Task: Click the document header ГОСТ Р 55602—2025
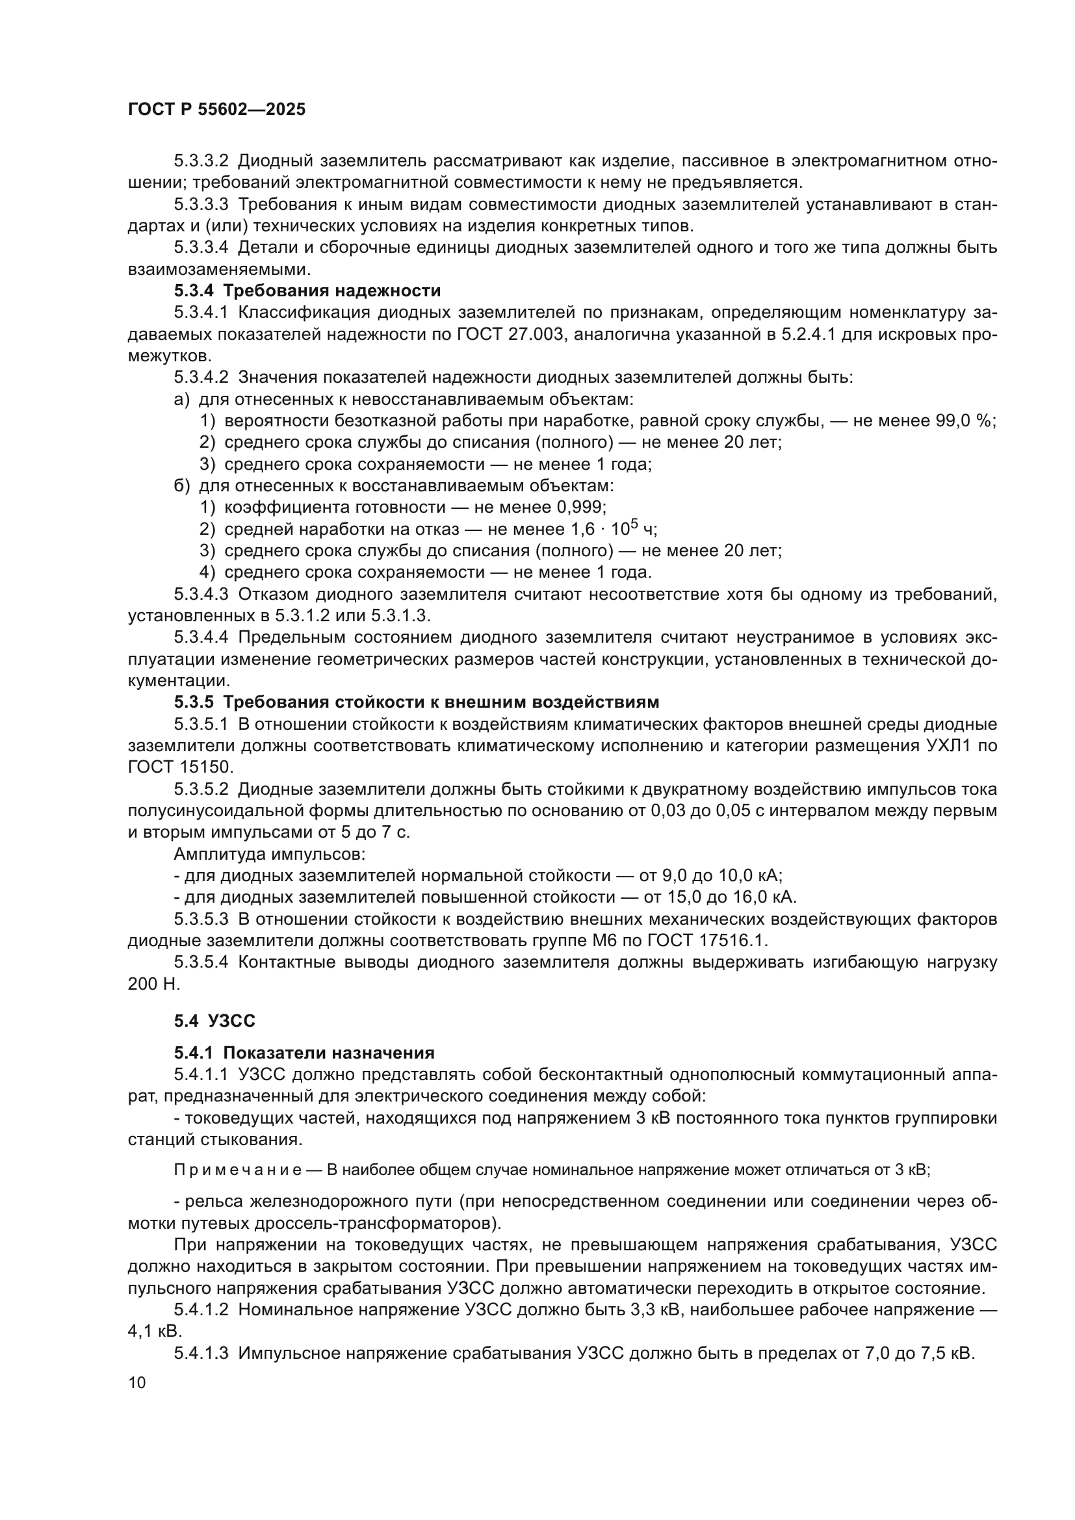point(216,110)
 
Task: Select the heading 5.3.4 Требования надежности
point(307,290)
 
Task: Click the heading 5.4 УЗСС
point(214,1020)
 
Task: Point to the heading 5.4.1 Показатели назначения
point(304,1053)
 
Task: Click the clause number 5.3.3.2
point(201,161)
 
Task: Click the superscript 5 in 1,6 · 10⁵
point(634,523)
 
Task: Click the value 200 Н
point(153,984)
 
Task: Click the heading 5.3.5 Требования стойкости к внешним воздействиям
point(417,702)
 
